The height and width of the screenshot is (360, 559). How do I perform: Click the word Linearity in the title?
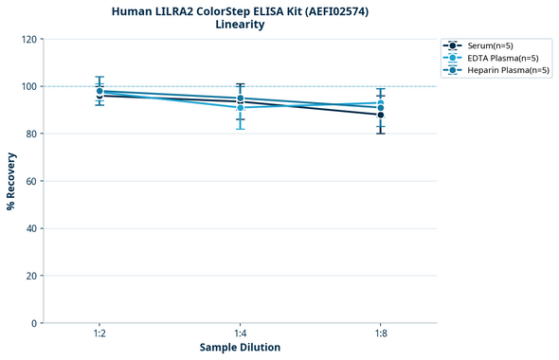pos(240,25)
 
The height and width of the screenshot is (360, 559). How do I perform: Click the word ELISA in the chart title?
pos(253,10)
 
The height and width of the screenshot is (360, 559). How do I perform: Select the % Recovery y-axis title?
pos(11,181)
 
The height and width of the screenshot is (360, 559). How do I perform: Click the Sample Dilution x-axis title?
pos(240,348)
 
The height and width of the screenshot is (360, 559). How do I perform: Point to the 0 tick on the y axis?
pos(33,323)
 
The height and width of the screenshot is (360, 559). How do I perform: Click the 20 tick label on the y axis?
pos(31,276)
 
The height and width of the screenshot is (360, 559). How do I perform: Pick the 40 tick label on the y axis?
pos(31,228)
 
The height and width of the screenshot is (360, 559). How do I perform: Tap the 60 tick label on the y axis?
pos(31,181)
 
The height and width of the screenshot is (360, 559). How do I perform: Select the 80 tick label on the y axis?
pos(31,134)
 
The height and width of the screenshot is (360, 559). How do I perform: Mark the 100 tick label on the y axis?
pos(28,86)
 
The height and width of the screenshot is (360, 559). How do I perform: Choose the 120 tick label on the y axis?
pos(28,39)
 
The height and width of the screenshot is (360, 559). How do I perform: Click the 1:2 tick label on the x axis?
pos(99,333)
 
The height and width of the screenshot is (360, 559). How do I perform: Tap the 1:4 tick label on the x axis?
pos(240,333)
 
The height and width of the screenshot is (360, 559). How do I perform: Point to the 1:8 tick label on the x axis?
pos(380,333)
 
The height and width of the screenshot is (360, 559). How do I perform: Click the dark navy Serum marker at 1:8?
pos(380,115)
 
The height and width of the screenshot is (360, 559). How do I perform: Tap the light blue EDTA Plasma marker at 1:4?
pos(240,108)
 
